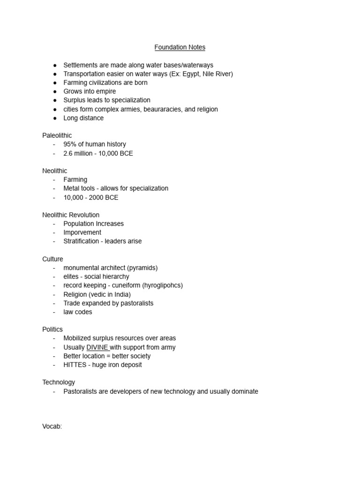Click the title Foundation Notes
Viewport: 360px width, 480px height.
pyautogui.click(x=180, y=47)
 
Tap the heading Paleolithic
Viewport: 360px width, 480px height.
pyautogui.click(x=57, y=135)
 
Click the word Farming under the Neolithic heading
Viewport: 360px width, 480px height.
pyautogui.click(x=75, y=180)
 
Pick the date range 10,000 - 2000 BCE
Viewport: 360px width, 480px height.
pyautogui.click(x=91, y=197)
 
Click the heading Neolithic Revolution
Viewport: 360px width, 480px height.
pyautogui.click(x=71, y=215)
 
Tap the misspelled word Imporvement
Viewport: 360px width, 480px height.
pyautogui.click(x=82, y=232)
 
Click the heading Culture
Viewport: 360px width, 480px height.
pyautogui.click(x=52, y=259)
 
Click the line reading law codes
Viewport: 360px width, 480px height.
pyautogui.click(x=78, y=312)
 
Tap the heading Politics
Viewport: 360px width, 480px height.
pyautogui.click(x=52, y=330)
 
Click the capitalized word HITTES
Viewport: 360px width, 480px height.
pyautogui.click(x=75, y=365)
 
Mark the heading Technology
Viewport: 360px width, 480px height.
pyautogui.click(x=59, y=382)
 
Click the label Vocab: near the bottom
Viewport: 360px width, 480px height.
pyautogui.click(x=52, y=427)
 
